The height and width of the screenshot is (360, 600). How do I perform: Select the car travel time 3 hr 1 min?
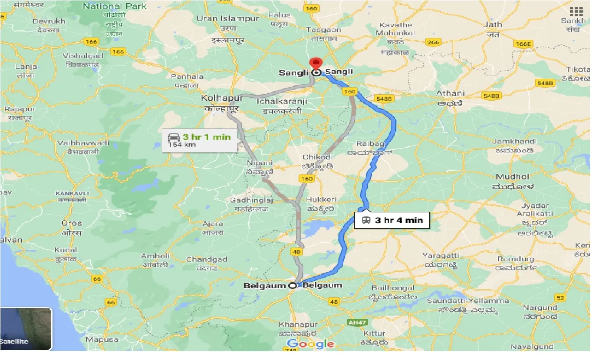[206, 136]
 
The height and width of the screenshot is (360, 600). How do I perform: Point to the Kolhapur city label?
[215, 98]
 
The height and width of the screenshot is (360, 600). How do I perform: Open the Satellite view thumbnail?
[26, 329]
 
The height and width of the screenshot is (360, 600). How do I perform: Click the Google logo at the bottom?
[310, 344]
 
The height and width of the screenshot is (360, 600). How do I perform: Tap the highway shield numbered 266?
[433, 42]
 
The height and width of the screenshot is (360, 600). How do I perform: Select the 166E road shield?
[524, 44]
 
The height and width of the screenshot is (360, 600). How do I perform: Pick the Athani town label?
[450, 93]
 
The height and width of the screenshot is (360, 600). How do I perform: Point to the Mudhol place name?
[513, 177]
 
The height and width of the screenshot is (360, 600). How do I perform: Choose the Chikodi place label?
[317, 157]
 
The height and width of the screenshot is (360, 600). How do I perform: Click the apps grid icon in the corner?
[576, 12]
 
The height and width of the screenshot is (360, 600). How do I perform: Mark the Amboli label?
[155, 256]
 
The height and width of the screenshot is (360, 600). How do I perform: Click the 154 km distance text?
[182, 145]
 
